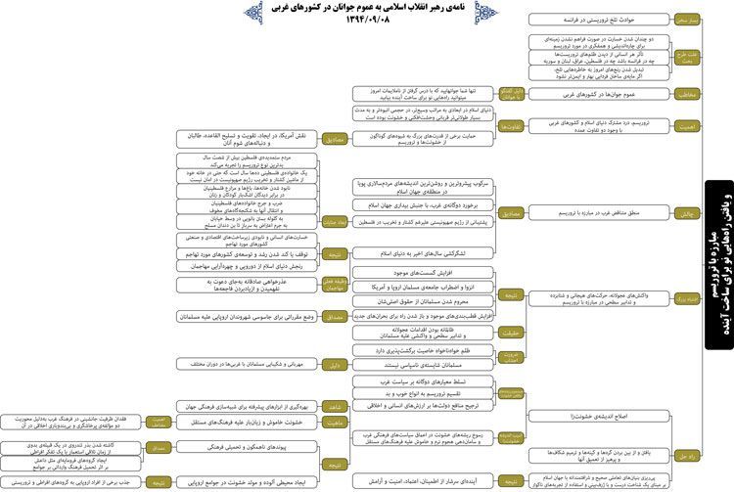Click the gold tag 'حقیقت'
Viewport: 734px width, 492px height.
(x=510, y=333)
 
